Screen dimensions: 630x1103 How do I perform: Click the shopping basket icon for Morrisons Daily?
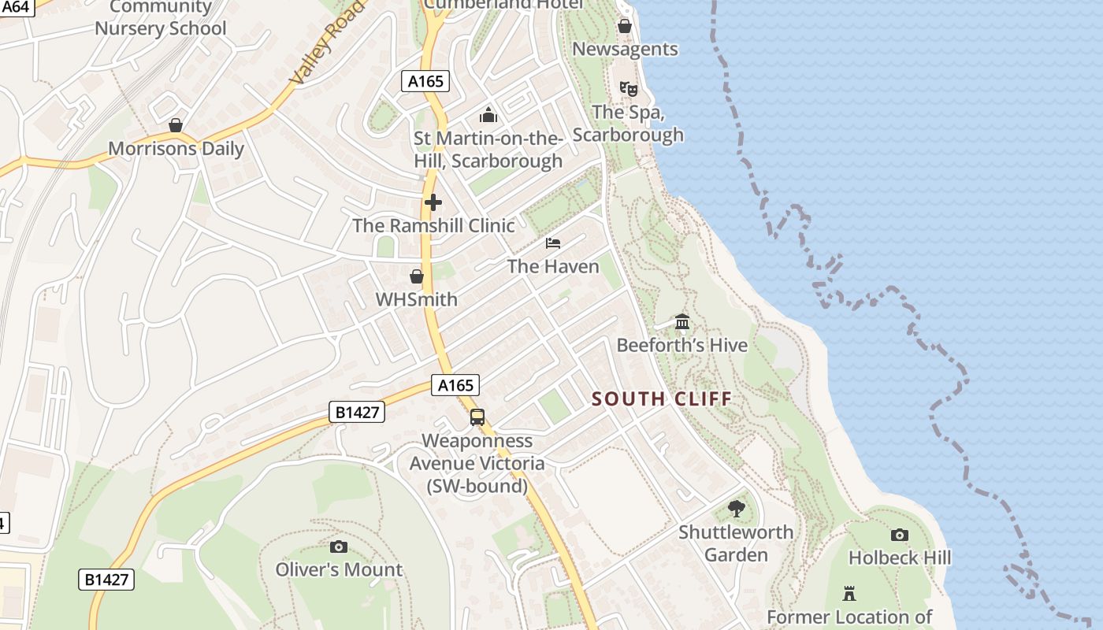[x=176, y=125]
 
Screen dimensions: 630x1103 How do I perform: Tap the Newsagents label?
[x=625, y=49]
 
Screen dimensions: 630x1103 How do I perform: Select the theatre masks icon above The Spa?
[x=628, y=88]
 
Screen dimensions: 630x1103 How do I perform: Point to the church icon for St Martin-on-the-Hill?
[x=488, y=116]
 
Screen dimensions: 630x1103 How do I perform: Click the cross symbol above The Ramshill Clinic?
[x=433, y=202]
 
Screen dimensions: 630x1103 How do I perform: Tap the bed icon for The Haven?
[x=553, y=243]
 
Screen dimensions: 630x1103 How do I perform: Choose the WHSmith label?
[x=416, y=299]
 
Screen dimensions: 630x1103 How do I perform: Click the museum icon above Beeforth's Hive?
[x=682, y=322]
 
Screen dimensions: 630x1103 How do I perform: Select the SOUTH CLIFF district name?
[x=662, y=398]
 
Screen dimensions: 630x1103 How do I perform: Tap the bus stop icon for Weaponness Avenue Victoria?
[x=477, y=417]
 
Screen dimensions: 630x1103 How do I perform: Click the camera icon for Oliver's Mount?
[x=339, y=547]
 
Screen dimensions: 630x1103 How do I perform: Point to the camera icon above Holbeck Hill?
[x=900, y=535]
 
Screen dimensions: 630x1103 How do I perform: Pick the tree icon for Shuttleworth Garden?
[x=737, y=509]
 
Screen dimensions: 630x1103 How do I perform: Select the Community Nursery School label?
[x=161, y=19]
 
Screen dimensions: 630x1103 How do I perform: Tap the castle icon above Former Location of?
[x=849, y=594]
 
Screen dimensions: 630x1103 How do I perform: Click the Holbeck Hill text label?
[x=900, y=558]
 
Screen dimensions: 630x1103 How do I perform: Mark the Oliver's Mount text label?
[x=339, y=569]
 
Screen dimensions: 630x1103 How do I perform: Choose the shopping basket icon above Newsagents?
[x=625, y=26]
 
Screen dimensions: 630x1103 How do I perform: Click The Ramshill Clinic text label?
[x=433, y=225]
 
